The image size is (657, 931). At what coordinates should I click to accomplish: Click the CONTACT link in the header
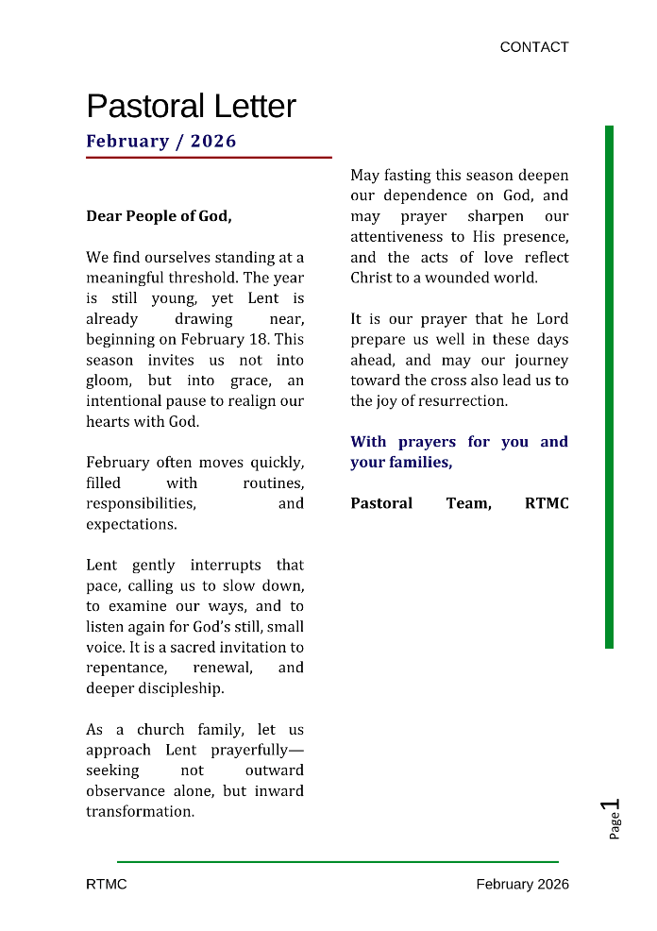(x=534, y=47)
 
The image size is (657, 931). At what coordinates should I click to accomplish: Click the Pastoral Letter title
(x=191, y=106)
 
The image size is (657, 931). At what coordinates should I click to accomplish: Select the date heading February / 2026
(x=161, y=142)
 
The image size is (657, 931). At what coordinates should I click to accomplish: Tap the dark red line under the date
(x=209, y=158)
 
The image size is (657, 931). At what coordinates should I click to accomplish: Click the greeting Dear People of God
(x=159, y=216)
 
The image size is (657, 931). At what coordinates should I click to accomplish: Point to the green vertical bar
(x=609, y=387)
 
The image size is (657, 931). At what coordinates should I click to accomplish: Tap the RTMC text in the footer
(x=106, y=885)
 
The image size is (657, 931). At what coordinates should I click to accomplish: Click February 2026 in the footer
(x=522, y=885)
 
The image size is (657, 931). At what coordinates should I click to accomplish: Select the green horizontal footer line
(x=338, y=861)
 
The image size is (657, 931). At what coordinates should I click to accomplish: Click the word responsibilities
(x=142, y=504)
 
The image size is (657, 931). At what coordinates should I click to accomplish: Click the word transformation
(x=140, y=812)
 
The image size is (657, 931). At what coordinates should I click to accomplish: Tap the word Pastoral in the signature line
(x=381, y=503)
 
